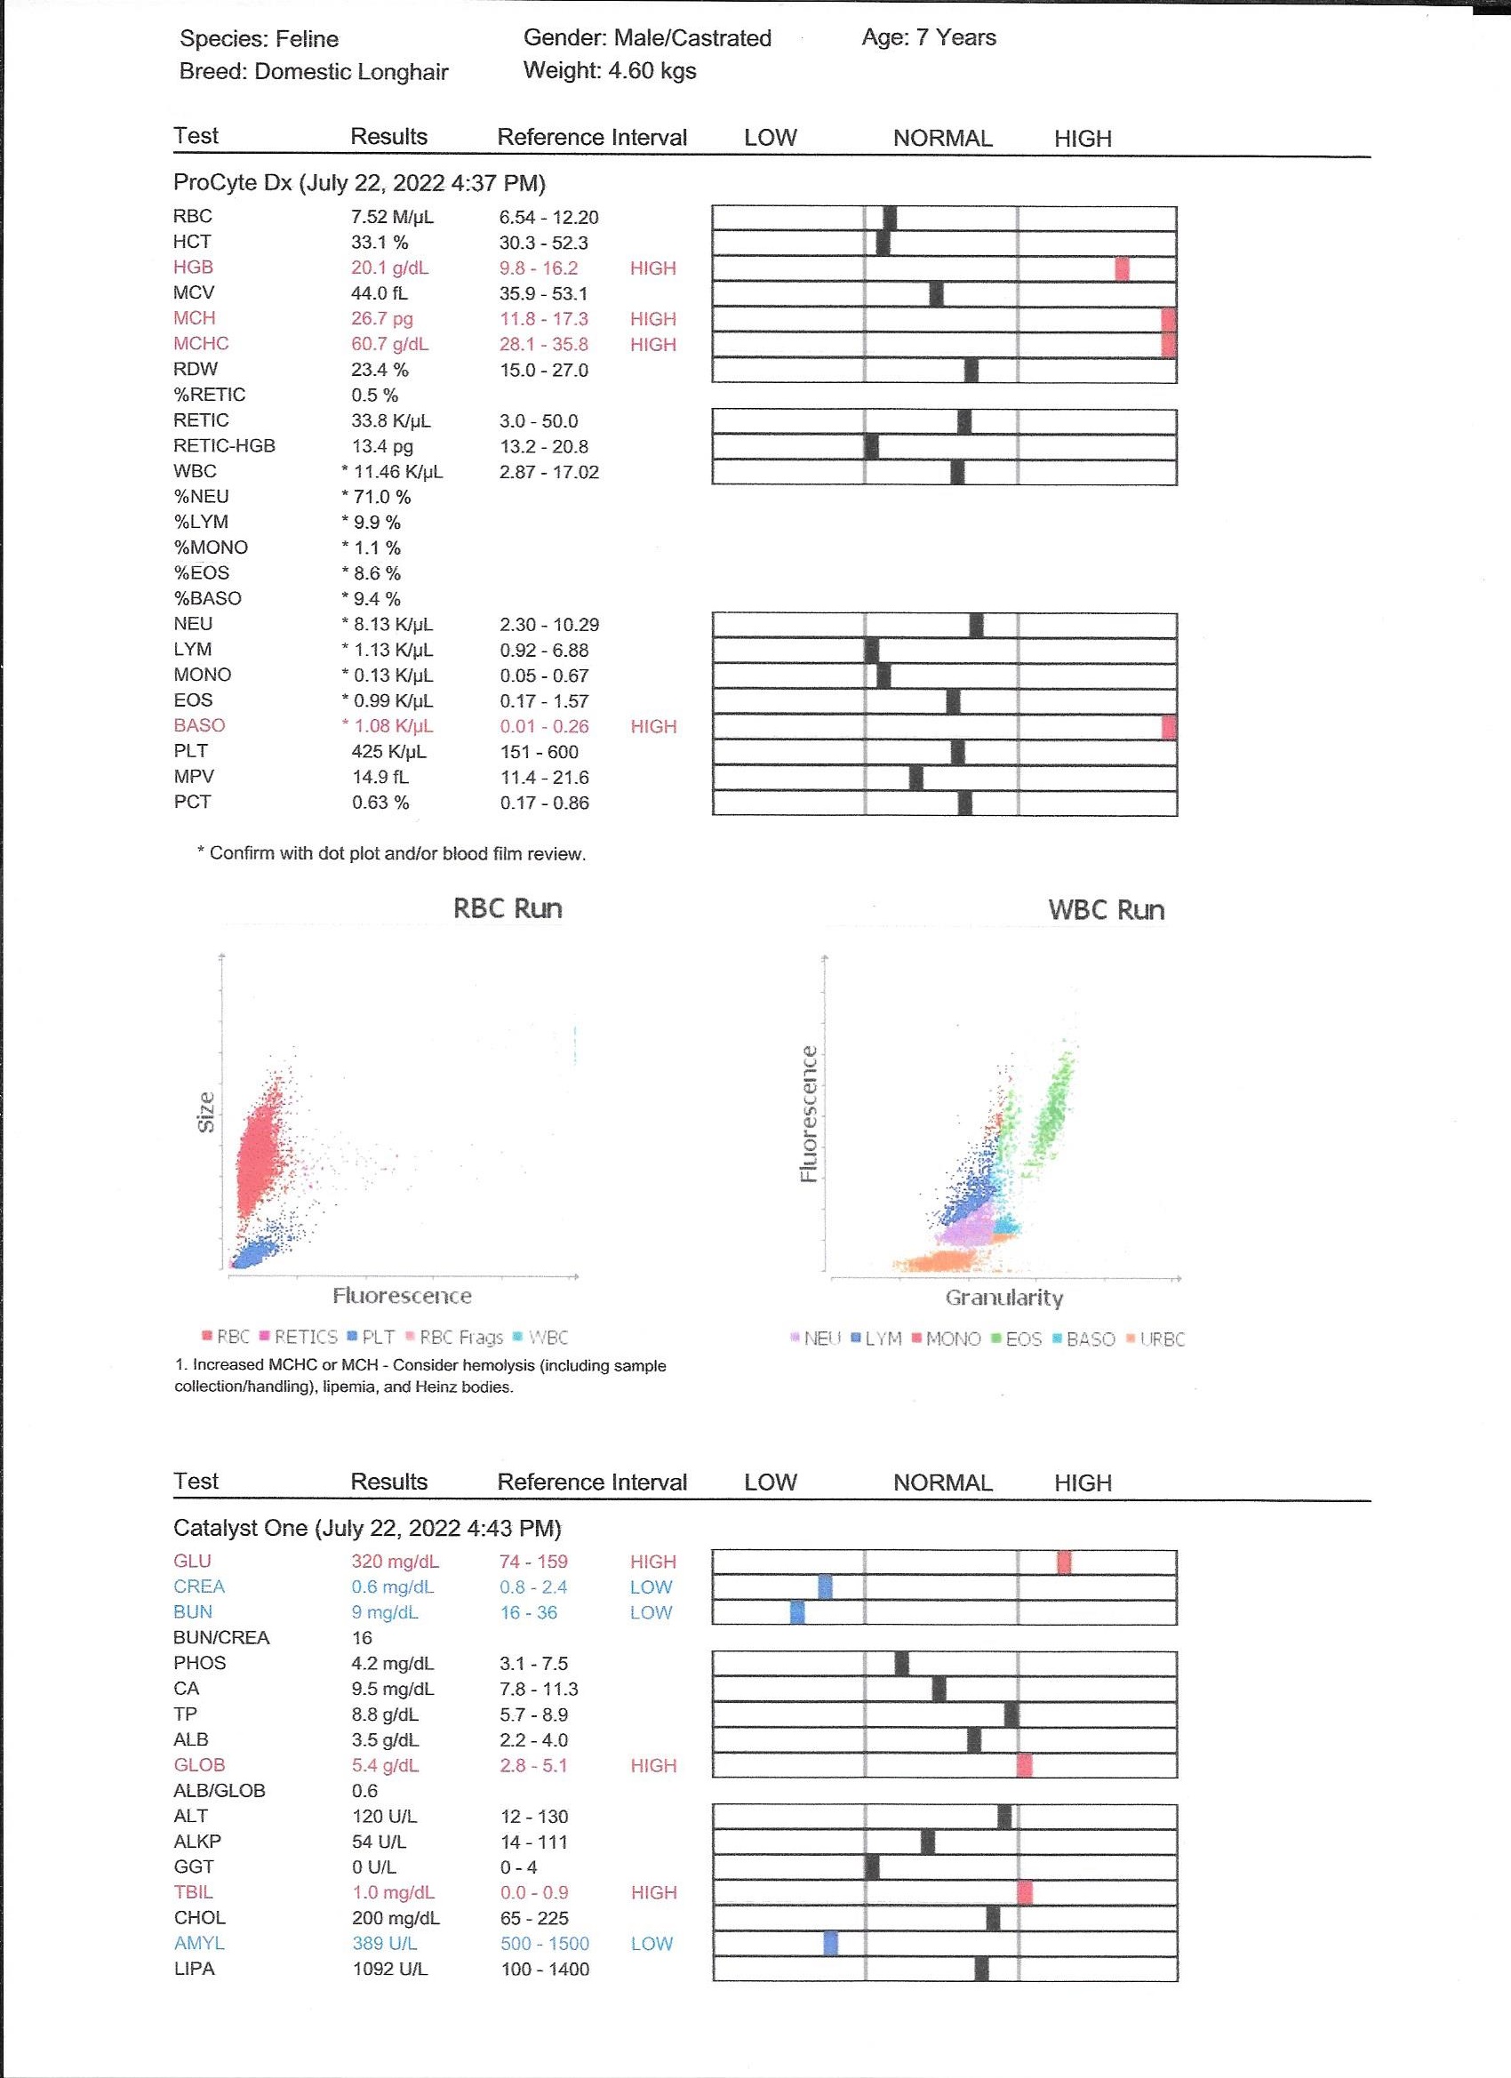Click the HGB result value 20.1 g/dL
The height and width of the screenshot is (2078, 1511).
[389, 268]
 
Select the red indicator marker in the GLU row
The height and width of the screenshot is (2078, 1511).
[1063, 1562]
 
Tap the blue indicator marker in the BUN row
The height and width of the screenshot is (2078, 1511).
[797, 1612]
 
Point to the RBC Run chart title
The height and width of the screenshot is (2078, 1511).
[508, 909]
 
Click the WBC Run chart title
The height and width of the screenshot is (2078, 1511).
[1106, 910]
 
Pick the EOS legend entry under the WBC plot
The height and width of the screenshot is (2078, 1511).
[1017, 1339]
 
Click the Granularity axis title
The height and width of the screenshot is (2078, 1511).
[1004, 1298]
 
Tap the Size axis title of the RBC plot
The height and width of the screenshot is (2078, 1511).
[206, 1112]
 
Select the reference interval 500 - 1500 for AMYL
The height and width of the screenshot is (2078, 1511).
[544, 1943]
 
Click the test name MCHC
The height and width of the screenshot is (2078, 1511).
[202, 344]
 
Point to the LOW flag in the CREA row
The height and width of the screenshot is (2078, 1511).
[651, 1586]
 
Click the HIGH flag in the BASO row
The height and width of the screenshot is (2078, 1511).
[653, 726]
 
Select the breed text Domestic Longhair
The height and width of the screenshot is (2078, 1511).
[351, 71]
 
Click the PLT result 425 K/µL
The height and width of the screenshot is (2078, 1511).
[389, 751]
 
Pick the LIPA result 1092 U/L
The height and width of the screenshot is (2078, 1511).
[390, 1969]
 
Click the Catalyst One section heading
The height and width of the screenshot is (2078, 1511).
[366, 1528]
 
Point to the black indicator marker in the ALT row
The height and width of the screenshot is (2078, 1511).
[1004, 1817]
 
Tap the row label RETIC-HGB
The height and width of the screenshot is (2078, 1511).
[225, 446]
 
